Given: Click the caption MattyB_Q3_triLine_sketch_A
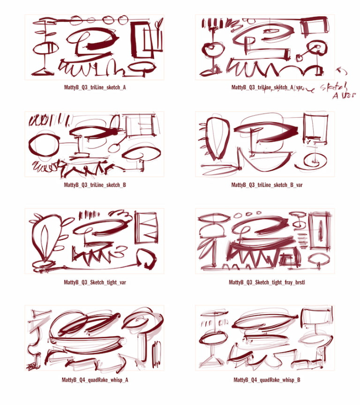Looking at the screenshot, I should (x=95, y=87).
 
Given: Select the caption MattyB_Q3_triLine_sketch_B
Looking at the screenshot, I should (x=95, y=185).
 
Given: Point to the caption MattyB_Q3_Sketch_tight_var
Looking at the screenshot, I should (x=95, y=282).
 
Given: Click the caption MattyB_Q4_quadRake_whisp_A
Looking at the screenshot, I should (x=95, y=380).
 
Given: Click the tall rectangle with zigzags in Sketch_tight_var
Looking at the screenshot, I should (x=146, y=227).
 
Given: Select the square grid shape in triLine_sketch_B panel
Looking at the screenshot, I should (x=141, y=126).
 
